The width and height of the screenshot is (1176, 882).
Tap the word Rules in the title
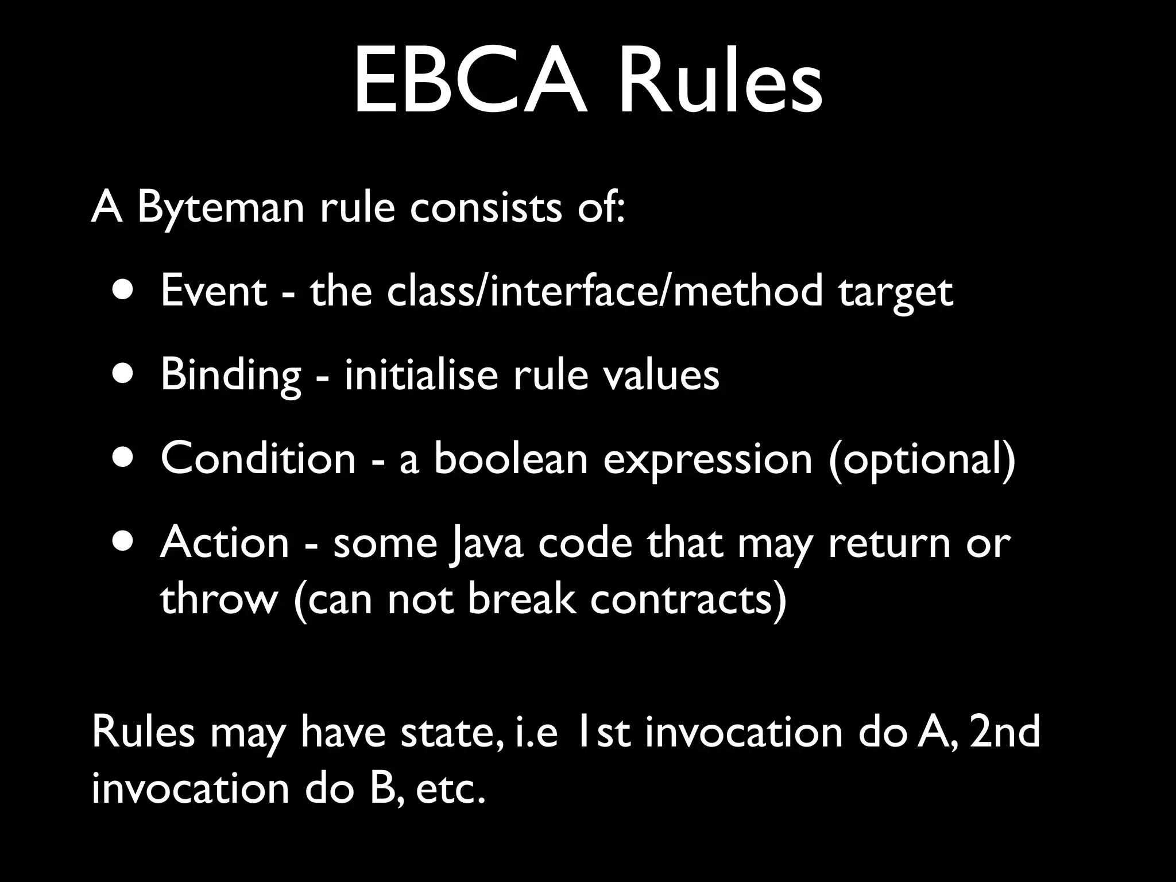pos(720,82)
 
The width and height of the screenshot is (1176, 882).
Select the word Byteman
pos(220,208)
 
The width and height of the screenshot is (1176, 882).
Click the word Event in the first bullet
pos(214,292)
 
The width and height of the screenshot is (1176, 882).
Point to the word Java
pos(487,543)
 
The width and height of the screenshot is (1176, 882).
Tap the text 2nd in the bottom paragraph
pos(1005,733)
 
